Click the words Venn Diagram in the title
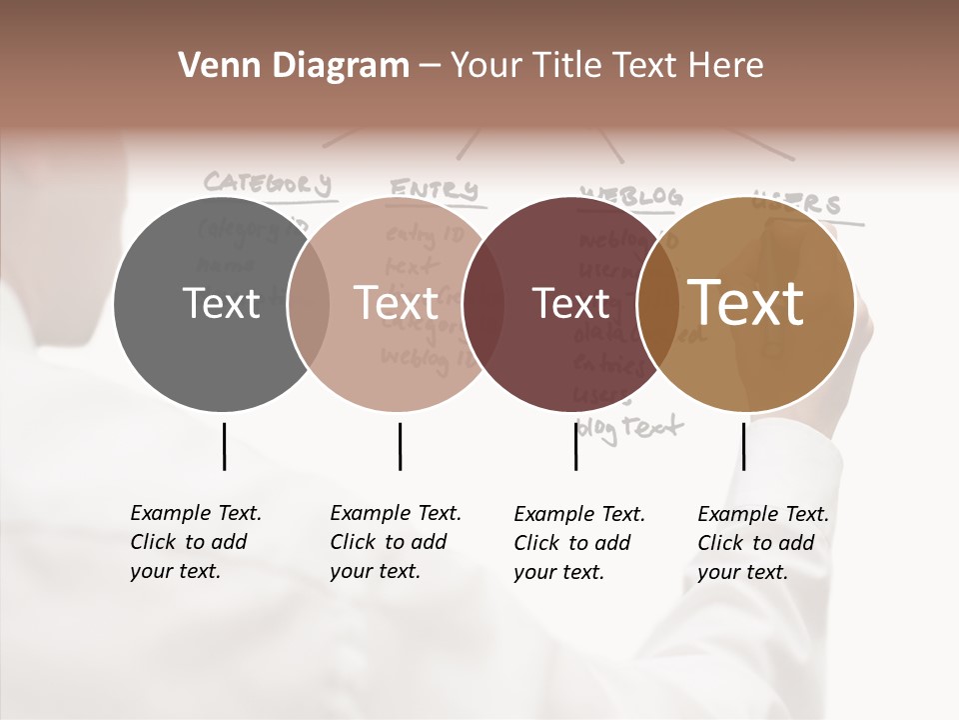[294, 66]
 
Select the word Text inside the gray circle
[221, 303]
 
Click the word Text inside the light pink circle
[396, 303]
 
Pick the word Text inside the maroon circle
[570, 303]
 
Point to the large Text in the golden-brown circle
[746, 303]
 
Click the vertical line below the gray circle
[224, 446]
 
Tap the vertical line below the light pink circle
[400, 446]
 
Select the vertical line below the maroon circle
[575, 446]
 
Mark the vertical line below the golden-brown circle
[743, 446]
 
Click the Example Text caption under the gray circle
[196, 542]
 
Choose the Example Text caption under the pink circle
[396, 542]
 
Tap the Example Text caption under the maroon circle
[579, 543]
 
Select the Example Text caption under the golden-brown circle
[763, 543]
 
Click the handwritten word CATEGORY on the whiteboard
[267, 183]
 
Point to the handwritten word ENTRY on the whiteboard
[434, 189]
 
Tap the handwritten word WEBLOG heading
[631, 196]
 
